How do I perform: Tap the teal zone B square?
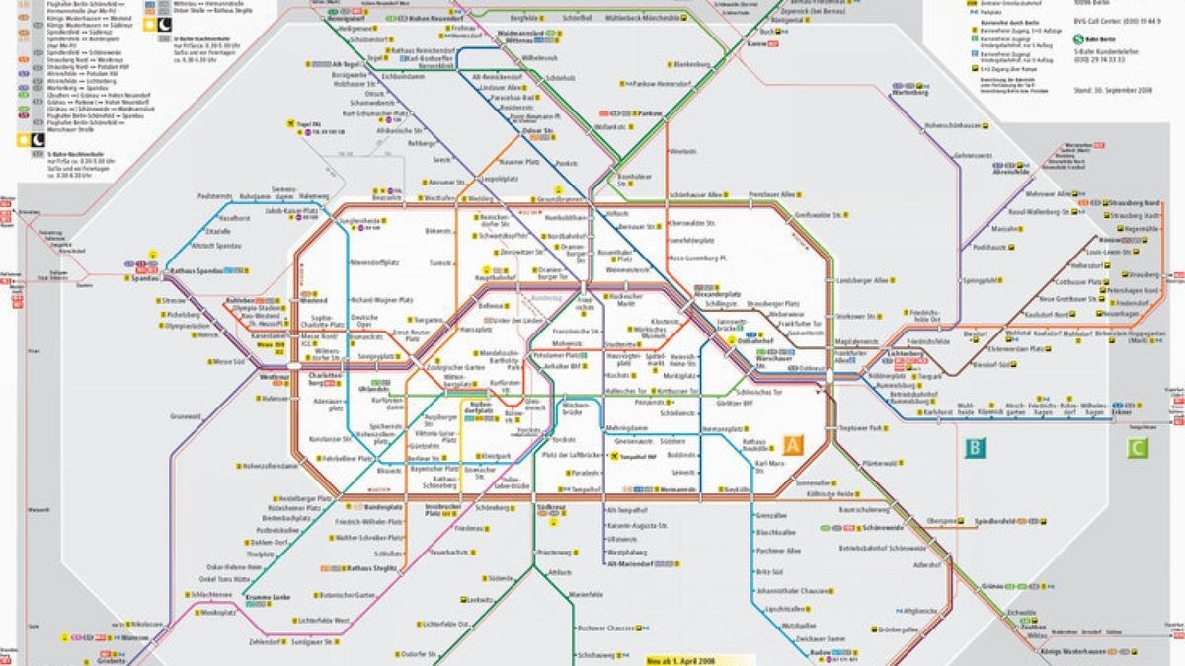coord(975,449)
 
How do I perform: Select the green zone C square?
coord(1139,449)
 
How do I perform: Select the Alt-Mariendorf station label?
coord(628,565)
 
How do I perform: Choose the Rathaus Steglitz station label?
coord(372,568)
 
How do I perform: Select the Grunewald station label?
coord(185,416)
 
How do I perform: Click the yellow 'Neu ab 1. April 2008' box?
coord(682,660)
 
